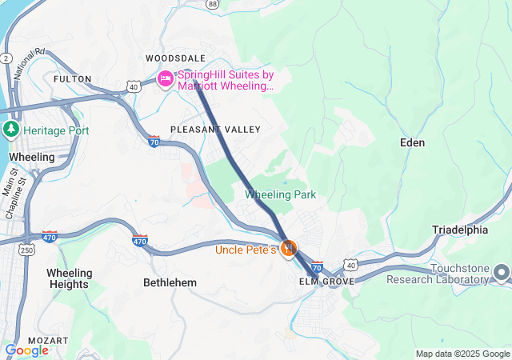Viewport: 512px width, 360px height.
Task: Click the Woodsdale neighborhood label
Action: [x=175, y=58]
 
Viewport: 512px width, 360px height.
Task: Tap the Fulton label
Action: [x=73, y=79]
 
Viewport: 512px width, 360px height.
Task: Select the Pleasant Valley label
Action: [x=215, y=129]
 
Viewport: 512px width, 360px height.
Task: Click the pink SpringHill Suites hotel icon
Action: [x=166, y=78]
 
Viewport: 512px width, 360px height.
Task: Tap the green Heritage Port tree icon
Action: [x=11, y=130]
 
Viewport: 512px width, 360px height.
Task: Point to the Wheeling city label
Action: [x=31, y=157]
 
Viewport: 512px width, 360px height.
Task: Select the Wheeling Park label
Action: [x=280, y=194]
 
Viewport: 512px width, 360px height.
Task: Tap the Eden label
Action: [x=412, y=142]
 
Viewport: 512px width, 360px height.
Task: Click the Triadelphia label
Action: [x=460, y=230]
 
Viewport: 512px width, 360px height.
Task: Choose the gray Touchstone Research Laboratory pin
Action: [x=502, y=273]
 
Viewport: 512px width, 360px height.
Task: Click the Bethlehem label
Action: [x=170, y=283]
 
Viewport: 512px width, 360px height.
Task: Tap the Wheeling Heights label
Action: [x=70, y=278]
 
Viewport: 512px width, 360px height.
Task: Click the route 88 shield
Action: [x=212, y=4]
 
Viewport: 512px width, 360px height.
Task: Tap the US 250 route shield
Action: [x=27, y=251]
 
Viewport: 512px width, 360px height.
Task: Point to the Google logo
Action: [x=26, y=350]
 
